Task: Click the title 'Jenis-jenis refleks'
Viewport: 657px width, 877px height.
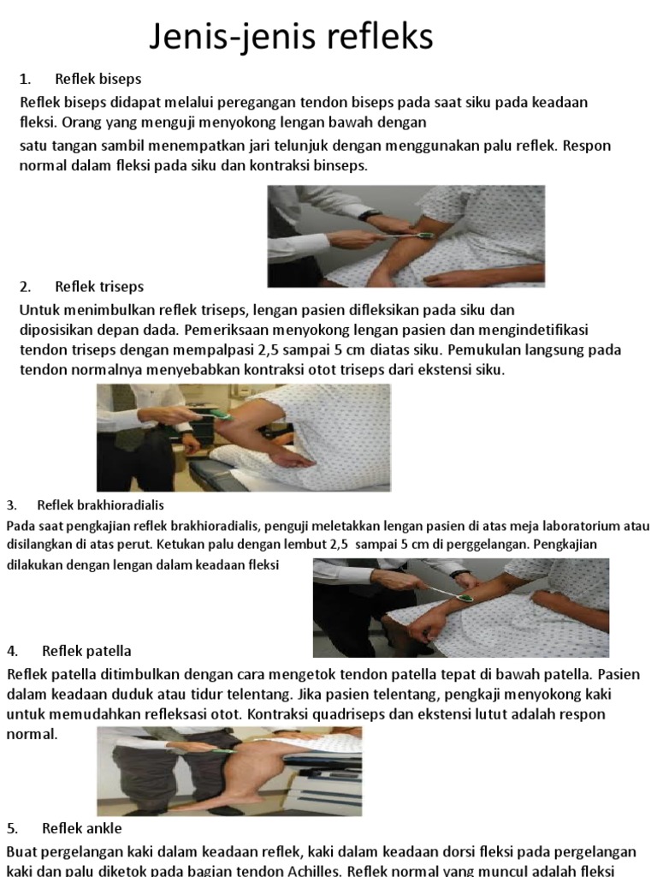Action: (x=291, y=37)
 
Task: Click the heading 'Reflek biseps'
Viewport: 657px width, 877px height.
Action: (x=98, y=79)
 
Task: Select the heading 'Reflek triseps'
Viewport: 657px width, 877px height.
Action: (x=99, y=287)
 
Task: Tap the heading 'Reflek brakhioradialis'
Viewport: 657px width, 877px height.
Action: (x=101, y=505)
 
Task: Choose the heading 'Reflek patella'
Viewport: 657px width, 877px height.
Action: (x=86, y=651)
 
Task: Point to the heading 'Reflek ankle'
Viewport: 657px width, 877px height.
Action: (x=81, y=828)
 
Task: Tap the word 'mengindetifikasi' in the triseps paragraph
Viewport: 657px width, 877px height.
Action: (x=534, y=330)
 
